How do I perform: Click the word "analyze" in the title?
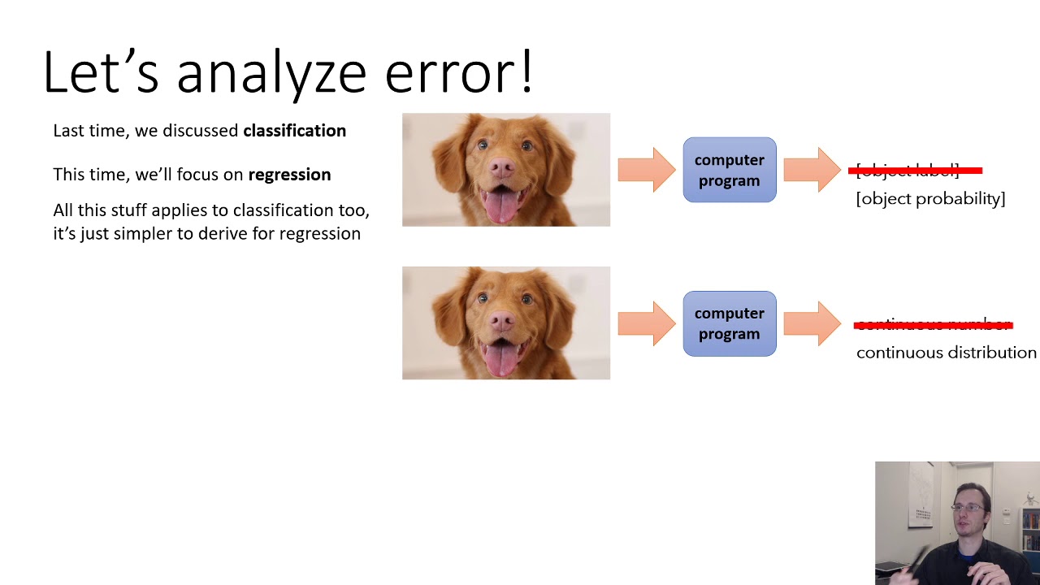271,72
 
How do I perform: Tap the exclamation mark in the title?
526,71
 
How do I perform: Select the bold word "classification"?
294,131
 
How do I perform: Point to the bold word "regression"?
289,175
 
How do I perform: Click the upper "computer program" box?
729,170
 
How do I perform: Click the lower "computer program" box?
729,323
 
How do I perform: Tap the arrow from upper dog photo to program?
647,170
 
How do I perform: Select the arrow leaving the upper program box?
812,170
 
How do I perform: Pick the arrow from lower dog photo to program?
647,323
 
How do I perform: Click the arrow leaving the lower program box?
812,323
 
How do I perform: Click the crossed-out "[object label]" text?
908,171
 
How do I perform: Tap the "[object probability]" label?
930,198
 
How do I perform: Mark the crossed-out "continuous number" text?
933,325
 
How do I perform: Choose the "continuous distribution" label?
946,353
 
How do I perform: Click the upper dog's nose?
500,167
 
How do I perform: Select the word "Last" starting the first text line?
68,131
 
